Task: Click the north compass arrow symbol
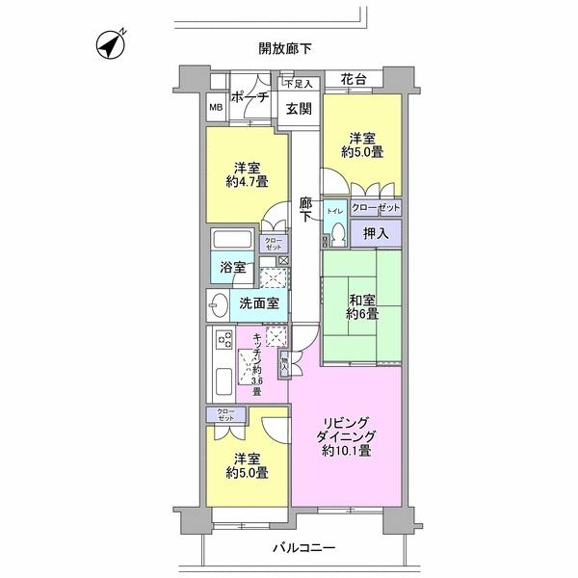(113, 44)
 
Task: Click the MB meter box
(216, 107)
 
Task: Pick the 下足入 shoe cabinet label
(298, 85)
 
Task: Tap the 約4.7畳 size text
(248, 181)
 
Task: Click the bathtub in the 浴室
(232, 241)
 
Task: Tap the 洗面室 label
(259, 303)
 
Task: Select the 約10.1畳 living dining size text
(346, 451)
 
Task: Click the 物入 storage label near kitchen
(284, 364)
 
